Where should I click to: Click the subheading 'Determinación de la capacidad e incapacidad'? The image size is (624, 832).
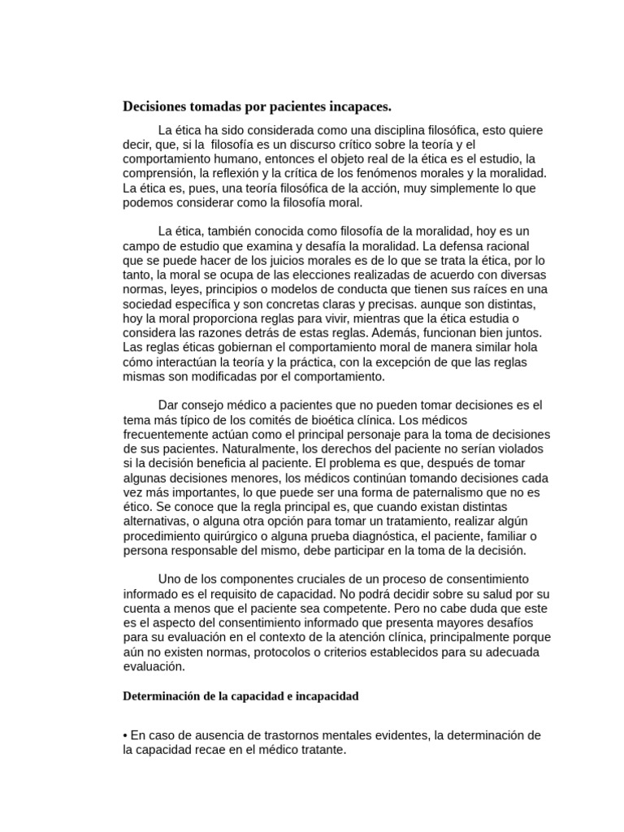240,697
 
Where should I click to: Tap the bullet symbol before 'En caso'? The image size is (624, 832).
124,735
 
